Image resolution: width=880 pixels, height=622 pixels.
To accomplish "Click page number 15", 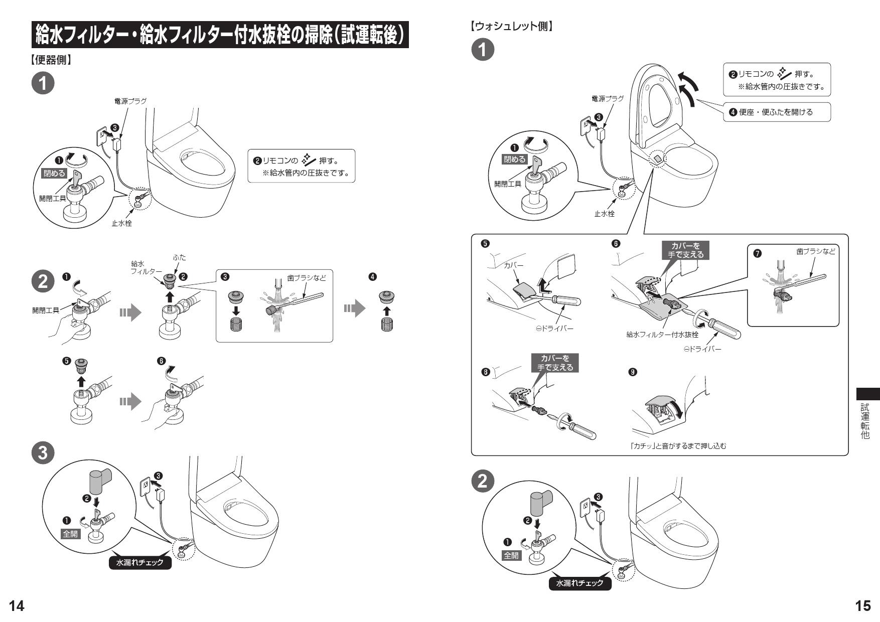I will pos(863,606).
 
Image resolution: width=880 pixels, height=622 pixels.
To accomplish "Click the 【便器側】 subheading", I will pos(51,61).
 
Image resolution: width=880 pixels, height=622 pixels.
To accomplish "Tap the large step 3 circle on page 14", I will pos(43,453).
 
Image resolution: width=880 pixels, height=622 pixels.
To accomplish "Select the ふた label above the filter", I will pos(179,257).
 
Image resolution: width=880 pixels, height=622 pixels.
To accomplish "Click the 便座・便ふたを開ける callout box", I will pos(776,112).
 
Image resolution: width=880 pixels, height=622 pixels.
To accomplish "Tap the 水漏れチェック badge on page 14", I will pos(140,563).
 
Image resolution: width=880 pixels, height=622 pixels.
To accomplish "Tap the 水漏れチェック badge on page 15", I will pos(579,583).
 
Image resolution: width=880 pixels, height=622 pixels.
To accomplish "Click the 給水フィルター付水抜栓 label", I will pos(662,335).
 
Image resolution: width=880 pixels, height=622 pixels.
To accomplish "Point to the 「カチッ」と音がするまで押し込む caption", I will pos(679,445).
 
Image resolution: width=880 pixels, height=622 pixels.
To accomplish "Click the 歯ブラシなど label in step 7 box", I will pos(816,251).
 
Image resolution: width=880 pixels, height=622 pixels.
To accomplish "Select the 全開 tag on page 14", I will pos(70,534).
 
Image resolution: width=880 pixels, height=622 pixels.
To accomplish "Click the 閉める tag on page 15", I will pos(515,160).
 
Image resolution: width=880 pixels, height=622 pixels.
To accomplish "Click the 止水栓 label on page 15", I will pos(605,214).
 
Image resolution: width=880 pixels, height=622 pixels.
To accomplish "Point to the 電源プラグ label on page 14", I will pos(130,101).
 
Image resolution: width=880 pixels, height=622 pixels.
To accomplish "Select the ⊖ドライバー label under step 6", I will pos(702,349).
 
